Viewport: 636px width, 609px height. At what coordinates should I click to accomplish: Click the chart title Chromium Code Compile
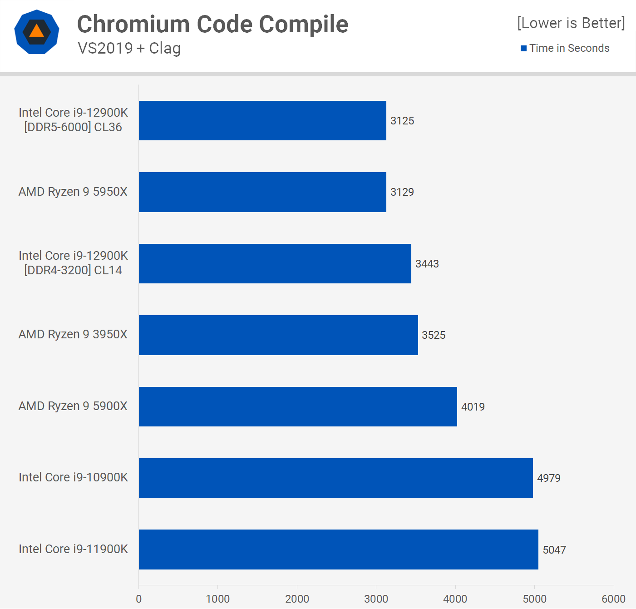point(212,24)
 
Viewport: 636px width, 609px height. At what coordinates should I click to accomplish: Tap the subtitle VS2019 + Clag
point(129,48)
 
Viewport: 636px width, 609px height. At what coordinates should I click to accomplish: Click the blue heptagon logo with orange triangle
point(37,32)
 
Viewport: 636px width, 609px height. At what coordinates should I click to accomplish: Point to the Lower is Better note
point(571,23)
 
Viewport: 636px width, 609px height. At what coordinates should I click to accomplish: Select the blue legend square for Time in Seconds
point(523,48)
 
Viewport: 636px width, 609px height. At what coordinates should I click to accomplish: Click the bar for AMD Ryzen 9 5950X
point(262,192)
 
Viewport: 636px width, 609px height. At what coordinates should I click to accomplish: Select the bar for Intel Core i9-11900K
point(338,550)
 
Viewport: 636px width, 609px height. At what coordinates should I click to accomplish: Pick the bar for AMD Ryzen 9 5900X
point(298,406)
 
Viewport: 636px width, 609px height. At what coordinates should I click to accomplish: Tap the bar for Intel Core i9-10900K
point(335,478)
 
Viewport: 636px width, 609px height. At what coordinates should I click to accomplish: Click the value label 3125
point(402,121)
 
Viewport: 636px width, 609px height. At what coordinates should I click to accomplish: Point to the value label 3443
point(427,264)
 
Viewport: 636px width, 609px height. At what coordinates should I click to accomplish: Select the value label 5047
point(554,550)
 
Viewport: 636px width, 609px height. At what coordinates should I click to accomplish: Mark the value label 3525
point(434,335)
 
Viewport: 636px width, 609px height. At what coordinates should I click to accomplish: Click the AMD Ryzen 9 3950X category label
point(73,335)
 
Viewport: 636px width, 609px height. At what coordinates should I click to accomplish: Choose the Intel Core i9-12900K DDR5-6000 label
point(73,120)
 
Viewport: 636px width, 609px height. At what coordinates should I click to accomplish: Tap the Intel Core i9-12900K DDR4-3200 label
point(73,263)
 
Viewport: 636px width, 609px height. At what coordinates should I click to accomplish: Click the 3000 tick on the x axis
point(376,599)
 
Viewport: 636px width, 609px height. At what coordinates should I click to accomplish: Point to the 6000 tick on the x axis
point(613,599)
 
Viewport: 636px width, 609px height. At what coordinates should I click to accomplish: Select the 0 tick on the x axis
point(139,599)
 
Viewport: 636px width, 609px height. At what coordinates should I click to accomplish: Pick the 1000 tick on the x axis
point(218,599)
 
